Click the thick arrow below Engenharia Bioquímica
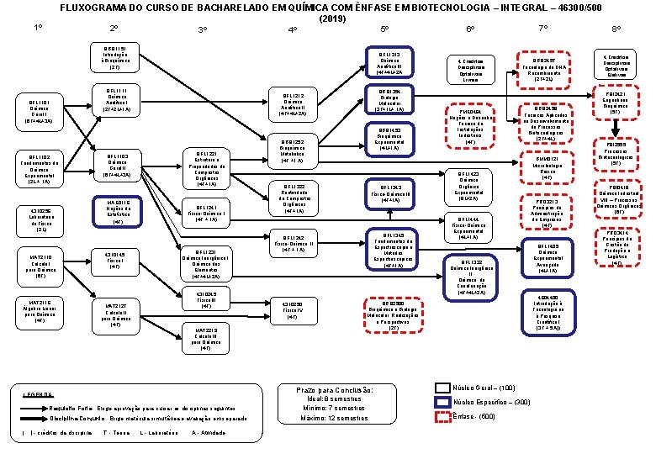click(x=617, y=127)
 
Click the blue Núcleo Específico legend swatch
click(x=442, y=402)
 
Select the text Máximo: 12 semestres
click(x=336, y=418)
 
